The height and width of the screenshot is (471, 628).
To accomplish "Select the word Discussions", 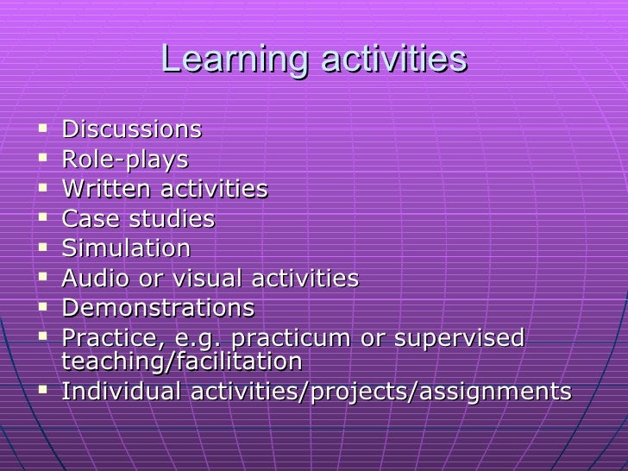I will [x=132, y=130].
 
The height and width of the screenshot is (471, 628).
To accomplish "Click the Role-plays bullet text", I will [x=125, y=160].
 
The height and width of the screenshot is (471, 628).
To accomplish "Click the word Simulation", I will [x=127, y=249].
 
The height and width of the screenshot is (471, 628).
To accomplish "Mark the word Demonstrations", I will [x=159, y=308].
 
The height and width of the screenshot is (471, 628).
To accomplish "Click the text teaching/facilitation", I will [x=182, y=361].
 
